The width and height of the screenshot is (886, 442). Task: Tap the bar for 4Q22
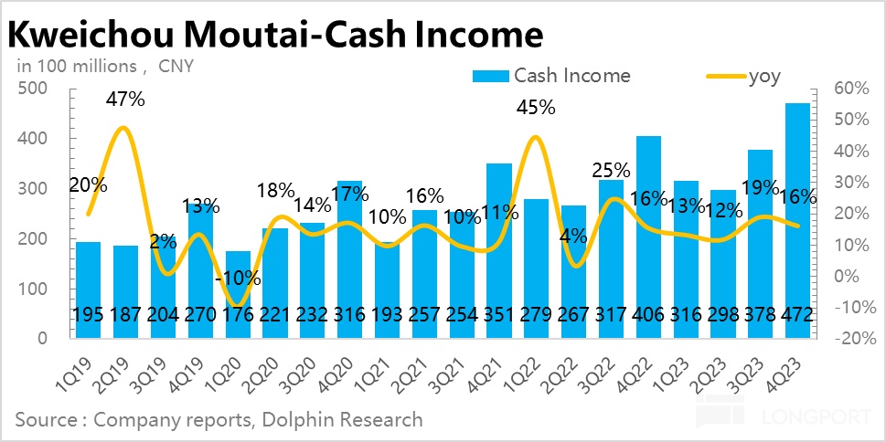tap(649, 237)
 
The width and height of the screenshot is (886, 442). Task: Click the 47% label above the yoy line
tap(123, 99)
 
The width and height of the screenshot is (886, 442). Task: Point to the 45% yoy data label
tap(535, 107)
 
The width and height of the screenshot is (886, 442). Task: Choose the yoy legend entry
tap(764, 76)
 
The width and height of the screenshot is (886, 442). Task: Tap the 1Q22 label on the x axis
tap(526, 370)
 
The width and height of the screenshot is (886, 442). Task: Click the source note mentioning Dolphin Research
tap(219, 419)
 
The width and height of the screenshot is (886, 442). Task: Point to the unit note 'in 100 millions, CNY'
tap(106, 67)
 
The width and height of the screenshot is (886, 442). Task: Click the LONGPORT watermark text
tap(816, 419)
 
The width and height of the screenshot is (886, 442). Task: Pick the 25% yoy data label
tap(612, 169)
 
